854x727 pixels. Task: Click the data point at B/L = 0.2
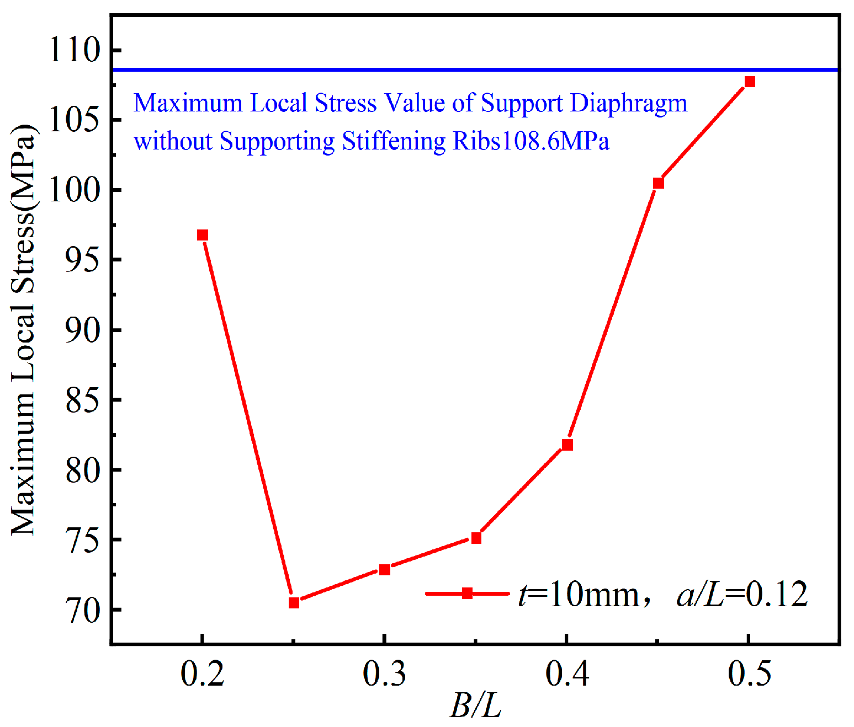pyautogui.click(x=203, y=235)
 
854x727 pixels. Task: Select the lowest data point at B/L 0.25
pyautogui.click(x=294, y=603)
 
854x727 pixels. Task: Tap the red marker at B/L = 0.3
pyautogui.click(x=385, y=570)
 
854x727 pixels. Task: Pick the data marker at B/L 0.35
pyautogui.click(x=476, y=538)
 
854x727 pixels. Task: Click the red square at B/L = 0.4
pyautogui.click(x=567, y=445)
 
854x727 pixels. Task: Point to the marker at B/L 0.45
pyautogui.click(x=659, y=183)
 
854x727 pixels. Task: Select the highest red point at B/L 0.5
pyautogui.click(x=750, y=82)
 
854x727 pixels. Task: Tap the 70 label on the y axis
pyautogui.click(x=83, y=610)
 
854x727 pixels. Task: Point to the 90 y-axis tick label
pyautogui.click(x=83, y=330)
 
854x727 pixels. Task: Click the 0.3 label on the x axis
pyautogui.click(x=385, y=674)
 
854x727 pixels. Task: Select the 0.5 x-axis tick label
pyautogui.click(x=749, y=674)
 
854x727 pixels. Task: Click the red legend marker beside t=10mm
pyautogui.click(x=467, y=594)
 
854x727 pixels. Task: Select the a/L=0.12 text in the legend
pyautogui.click(x=742, y=595)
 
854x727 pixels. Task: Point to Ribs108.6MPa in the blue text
pyautogui.click(x=531, y=141)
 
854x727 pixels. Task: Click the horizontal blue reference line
pyautogui.click(x=475, y=70)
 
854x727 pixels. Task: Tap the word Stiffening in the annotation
pyautogui.click(x=394, y=141)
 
